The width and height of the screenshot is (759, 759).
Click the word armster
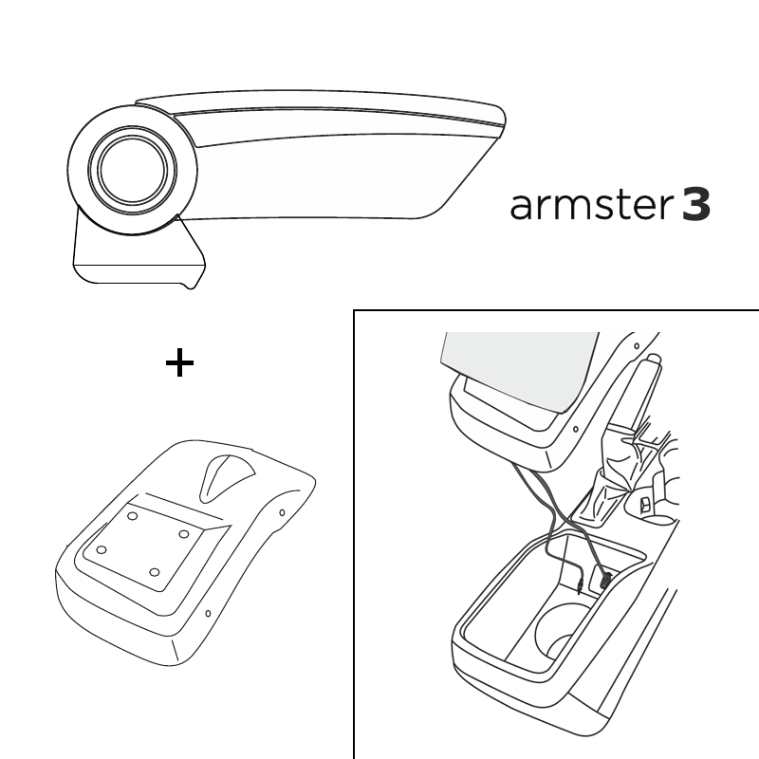591,206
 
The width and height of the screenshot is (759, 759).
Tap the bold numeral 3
696,205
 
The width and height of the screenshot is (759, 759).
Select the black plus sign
179,362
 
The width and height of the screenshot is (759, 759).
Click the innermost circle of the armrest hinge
133,170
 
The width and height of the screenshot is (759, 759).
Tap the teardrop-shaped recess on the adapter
226,477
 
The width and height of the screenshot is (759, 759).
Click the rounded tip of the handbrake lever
654,360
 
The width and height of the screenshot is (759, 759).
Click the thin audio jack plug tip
579,587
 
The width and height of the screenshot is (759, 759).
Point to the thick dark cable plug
605,580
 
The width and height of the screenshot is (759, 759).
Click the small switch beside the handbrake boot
645,505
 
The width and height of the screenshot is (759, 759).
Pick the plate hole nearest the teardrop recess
183,534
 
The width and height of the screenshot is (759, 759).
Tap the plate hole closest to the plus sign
132,516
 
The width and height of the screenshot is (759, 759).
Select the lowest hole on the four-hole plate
155,573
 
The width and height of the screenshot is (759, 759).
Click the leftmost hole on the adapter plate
102,550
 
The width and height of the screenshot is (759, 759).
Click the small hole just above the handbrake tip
637,346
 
